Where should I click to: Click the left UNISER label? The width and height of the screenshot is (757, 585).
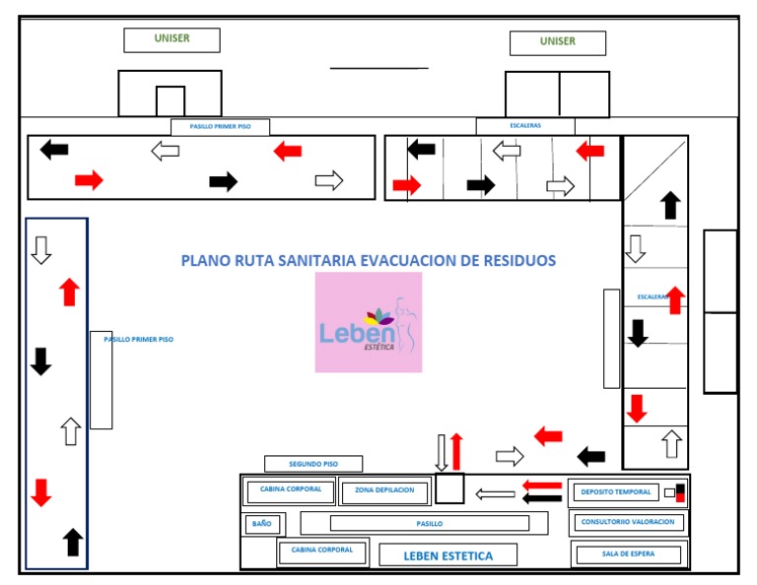[x=172, y=39]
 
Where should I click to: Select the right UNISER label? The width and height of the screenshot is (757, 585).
[x=557, y=42]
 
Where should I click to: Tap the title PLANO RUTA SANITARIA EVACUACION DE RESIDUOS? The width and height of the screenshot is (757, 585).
[x=369, y=261]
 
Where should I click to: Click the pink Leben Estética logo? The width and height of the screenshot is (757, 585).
[x=369, y=322]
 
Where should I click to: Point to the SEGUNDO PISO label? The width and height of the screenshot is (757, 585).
[x=313, y=464]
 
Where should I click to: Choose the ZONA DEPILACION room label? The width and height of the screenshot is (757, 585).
[x=385, y=489]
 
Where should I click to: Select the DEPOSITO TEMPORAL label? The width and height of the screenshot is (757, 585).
[x=616, y=491]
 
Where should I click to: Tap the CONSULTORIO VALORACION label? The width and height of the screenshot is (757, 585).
[x=628, y=522]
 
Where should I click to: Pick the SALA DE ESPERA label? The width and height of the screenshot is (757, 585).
[x=628, y=554]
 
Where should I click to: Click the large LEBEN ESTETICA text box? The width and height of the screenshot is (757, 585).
[x=448, y=555]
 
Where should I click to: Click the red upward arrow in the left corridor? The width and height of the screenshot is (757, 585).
[x=68, y=292]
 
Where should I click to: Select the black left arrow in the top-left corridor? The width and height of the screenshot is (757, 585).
[x=54, y=150]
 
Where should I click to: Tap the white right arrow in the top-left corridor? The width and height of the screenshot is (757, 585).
[x=329, y=180]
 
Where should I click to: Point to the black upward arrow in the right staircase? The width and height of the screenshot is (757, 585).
[x=671, y=205]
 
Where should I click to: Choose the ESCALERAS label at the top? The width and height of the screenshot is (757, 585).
[x=525, y=126]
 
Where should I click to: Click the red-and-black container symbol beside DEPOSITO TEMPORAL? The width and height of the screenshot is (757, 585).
[x=675, y=492]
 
